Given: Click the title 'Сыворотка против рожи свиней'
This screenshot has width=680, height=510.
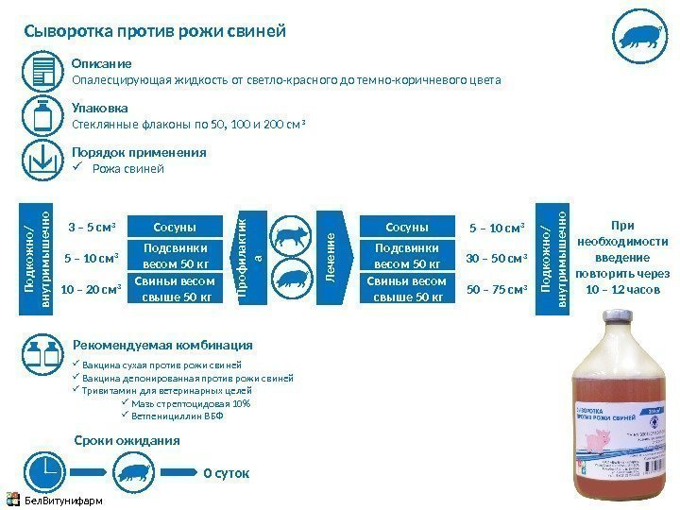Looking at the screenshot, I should (x=154, y=33).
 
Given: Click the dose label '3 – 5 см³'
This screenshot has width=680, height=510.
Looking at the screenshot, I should (x=92, y=228).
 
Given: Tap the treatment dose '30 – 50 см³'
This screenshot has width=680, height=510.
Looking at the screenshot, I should (x=498, y=259).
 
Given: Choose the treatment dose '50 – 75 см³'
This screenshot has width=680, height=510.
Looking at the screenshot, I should (x=498, y=289).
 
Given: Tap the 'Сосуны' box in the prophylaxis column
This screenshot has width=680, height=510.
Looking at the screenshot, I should (x=174, y=228).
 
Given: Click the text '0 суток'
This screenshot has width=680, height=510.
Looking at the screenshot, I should (x=227, y=473).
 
